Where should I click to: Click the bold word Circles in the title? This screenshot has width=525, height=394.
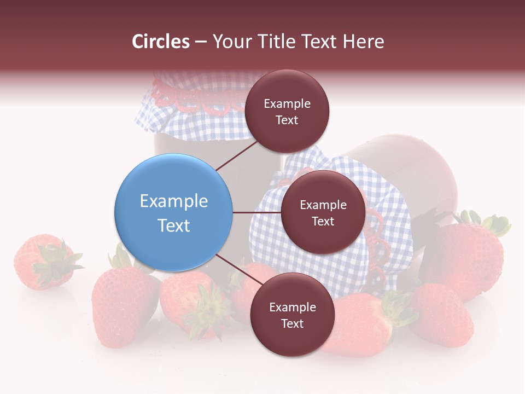click(x=161, y=42)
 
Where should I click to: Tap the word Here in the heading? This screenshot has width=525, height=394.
click(x=363, y=42)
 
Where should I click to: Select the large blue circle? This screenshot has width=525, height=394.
click(x=173, y=212)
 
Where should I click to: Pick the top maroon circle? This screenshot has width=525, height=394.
click(x=287, y=111)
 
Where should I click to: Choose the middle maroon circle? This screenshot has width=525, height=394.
click(x=323, y=212)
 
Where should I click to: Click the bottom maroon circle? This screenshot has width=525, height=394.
click(x=292, y=315)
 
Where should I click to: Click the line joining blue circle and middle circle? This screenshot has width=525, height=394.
click(x=257, y=212)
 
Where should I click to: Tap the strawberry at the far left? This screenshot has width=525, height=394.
click(x=36, y=263)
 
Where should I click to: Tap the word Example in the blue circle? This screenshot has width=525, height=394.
click(x=173, y=201)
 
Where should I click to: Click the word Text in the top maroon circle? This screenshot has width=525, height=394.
click(x=287, y=120)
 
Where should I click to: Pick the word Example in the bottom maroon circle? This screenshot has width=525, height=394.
click(x=292, y=307)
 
